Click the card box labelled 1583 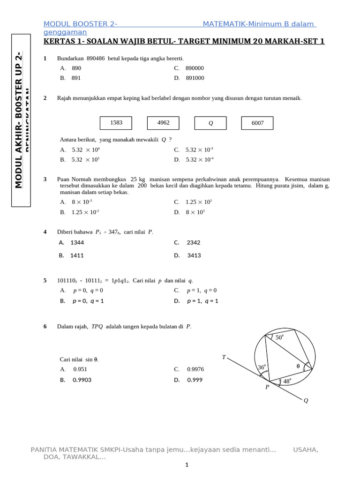(116, 123)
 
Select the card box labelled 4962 (163, 123)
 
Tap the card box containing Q (210, 123)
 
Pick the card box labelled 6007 (257, 123)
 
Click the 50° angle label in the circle (279, 337)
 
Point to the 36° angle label (262, 367)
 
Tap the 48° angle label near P (287, 382)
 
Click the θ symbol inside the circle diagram (298, 366)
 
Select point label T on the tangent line (224, 358)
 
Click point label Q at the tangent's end (306, 401)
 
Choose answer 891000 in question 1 (195, 78)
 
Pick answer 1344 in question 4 (77, 242)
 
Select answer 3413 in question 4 (194, 255)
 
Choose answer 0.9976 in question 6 (195, 369)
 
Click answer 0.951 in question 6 (80, 369)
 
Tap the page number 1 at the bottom (187, 465)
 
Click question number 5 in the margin (45, 280)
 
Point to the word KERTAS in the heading (56, 41)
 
